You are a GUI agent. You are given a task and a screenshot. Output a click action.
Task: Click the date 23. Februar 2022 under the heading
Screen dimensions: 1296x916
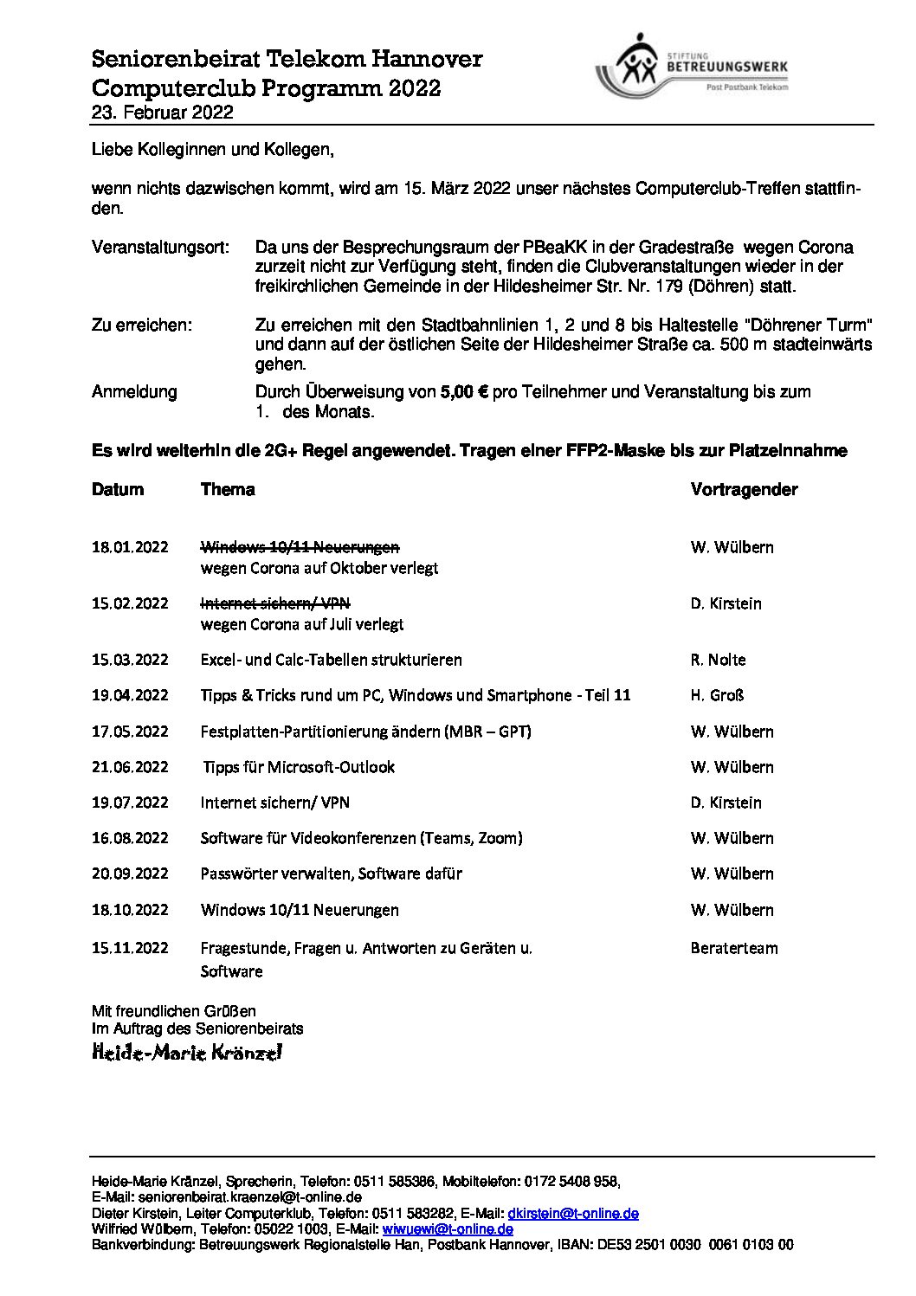point(162,113)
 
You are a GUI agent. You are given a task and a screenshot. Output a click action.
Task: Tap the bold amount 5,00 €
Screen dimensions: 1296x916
point(464,391)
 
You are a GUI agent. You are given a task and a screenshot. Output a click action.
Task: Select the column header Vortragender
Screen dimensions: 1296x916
point(744,490)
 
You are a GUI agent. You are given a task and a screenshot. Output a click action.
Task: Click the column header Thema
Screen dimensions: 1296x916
point(228,490)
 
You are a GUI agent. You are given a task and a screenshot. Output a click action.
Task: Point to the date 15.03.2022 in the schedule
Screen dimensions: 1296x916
point(130,660)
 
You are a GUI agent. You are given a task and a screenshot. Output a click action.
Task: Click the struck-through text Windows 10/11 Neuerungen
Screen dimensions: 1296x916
point(300,547)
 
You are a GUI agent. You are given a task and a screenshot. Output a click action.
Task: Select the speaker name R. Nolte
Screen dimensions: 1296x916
point(718,660)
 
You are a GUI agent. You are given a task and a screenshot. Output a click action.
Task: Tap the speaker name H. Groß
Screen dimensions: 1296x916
point(717,695)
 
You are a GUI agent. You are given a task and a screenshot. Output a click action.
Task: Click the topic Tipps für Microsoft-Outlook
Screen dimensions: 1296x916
point(299,767)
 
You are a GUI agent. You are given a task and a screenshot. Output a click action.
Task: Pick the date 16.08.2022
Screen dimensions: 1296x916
point(130,838)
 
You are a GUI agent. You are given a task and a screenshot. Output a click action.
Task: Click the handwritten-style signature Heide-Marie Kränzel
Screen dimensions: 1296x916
point(187,1053)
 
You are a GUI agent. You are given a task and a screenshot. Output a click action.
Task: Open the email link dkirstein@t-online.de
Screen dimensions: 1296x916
point(573,1214)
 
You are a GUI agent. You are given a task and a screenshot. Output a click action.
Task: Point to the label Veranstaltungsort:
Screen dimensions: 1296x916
point(161,248)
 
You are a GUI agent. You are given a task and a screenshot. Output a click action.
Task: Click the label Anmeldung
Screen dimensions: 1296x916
point(134,391)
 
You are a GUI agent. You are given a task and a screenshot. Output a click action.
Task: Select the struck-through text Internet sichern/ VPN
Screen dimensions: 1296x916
point(275,603)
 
